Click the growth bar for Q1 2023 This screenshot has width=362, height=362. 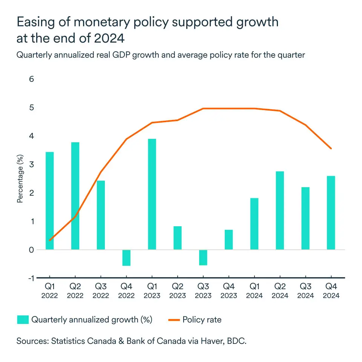tap(152, 194)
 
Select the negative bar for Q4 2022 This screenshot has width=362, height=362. tap(126, 258)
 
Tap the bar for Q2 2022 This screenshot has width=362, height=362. tap(75, 196)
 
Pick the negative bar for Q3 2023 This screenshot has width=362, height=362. tap(203, 258)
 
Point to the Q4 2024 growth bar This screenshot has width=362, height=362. tap(331, 213)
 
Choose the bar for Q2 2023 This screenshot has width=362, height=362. tap(178, 238)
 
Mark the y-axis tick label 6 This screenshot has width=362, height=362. tap(31, 80)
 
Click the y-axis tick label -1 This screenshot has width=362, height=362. tap(30, 278)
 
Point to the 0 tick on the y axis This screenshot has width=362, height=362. tap(31, 250)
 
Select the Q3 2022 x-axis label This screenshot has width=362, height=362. tap(101, 291)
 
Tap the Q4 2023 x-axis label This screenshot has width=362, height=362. tap(229, 291)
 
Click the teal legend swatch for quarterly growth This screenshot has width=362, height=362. tap(22, 320)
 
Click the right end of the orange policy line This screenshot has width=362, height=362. tap(331, 148)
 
